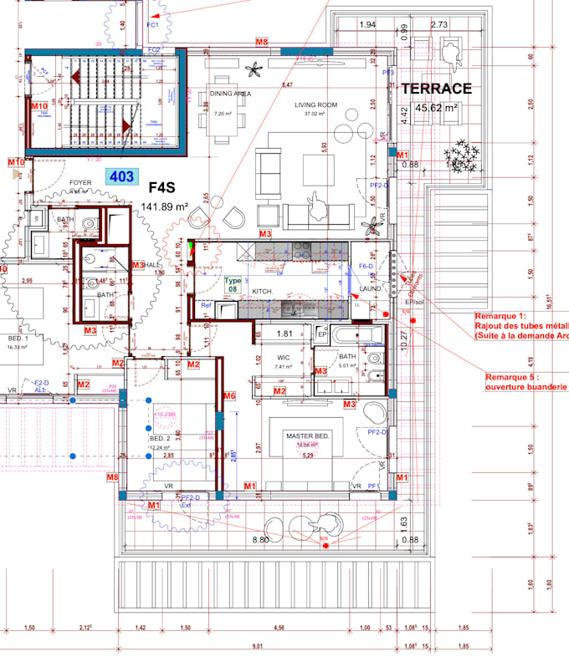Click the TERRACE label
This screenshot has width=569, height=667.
tap(436, 89)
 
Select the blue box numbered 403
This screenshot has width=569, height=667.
tap(121, 176)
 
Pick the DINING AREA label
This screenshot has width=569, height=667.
tap(231, 94)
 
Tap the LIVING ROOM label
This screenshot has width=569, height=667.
tap(315, 105)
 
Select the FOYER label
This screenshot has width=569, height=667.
tap(80, 181)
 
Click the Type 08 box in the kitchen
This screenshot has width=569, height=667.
tap(233, 283)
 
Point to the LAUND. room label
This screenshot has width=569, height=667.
tap(370, 289)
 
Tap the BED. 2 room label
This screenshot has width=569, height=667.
tap(160, 438)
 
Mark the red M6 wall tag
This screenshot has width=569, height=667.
tap(228, 395)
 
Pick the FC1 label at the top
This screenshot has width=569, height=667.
tap(153, 25)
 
